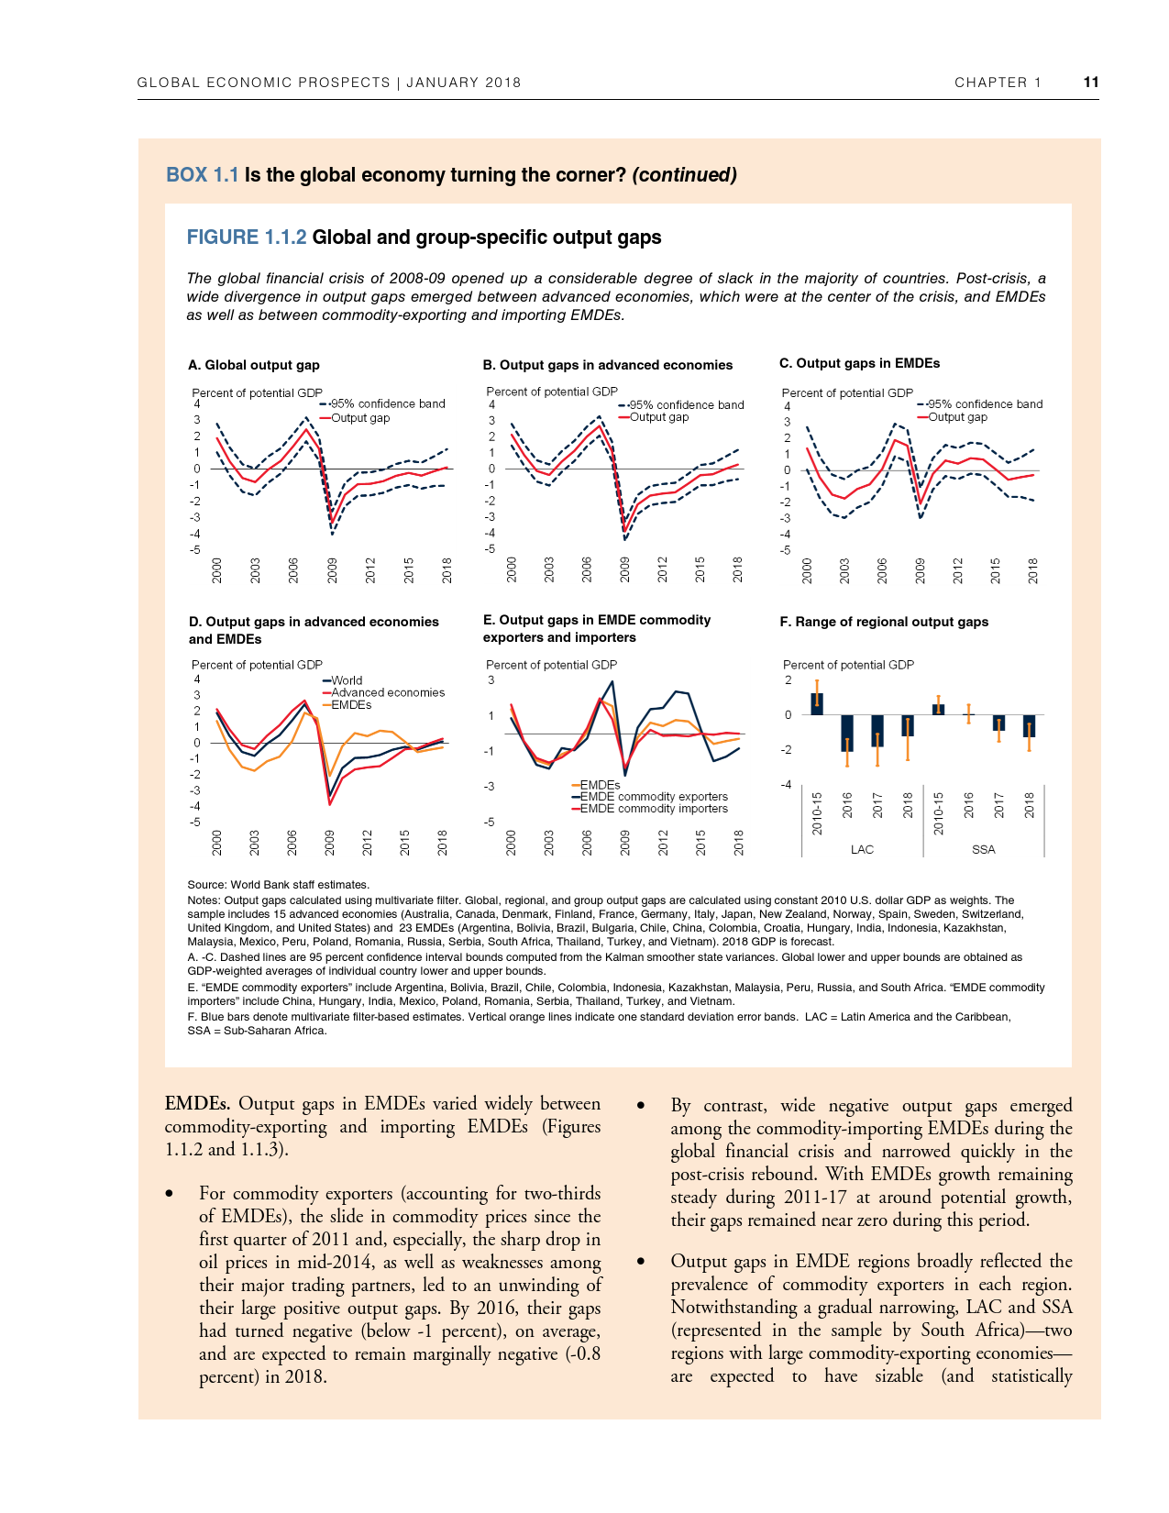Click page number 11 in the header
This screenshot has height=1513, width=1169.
coord(1090,82)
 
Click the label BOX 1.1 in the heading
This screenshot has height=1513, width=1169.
coord(202,175)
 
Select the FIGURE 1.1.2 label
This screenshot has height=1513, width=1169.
coord(246,237)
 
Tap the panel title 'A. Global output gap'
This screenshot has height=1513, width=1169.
coord(254,365)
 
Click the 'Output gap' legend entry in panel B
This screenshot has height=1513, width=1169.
coord(658,417)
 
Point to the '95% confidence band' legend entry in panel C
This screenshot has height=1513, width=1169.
coord(985,404)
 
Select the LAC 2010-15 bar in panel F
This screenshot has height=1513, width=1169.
coord(817,704)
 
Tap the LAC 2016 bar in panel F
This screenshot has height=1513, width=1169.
coord(847,733)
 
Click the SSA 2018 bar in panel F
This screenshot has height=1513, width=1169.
coord(1029,726)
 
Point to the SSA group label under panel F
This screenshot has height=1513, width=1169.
coord(983,850)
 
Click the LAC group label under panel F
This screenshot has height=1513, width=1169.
coord(862,850)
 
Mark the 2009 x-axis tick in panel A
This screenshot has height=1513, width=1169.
coord(333,570)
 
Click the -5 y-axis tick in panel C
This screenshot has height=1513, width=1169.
coord(785,551)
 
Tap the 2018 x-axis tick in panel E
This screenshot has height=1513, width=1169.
coord(738,843)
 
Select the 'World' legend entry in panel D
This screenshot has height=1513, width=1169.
coord(346,681)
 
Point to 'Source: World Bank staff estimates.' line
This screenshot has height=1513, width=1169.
coord(278,885)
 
